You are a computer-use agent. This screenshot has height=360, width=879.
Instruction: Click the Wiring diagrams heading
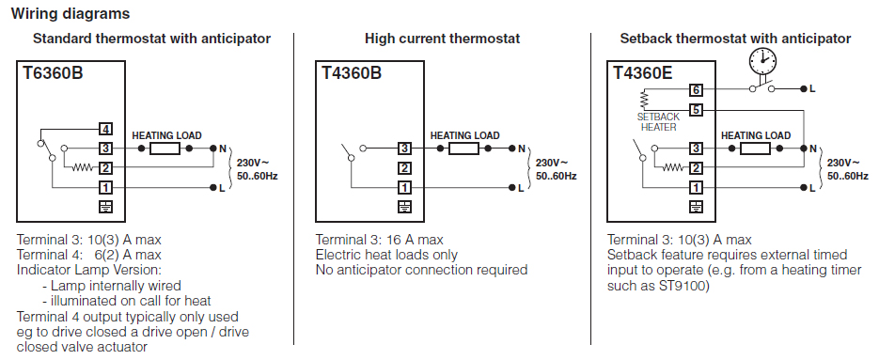point(71,13)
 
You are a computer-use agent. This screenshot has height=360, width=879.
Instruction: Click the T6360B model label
point(53,73)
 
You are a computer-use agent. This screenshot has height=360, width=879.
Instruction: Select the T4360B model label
point(352,73)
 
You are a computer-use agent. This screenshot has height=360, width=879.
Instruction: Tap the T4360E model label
point(642,73)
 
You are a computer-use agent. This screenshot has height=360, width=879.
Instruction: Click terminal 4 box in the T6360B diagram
point(105,130)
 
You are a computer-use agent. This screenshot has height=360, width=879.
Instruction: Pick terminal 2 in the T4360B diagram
point(404,168)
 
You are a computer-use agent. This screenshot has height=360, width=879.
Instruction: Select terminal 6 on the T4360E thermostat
point(696,89)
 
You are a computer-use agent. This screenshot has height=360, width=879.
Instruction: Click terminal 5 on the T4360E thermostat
point(696,109)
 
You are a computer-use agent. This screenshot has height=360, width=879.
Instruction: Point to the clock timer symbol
point(763,60)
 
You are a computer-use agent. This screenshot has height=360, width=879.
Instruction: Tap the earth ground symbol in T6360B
point(105,207)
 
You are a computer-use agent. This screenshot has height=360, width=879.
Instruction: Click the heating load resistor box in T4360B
point(464,149)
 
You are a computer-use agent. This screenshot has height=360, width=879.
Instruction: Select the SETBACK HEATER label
point(658,121)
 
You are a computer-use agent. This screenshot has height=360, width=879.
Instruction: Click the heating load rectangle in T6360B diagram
point(165,149)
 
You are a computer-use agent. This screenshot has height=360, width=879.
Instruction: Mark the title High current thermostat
point(442,39)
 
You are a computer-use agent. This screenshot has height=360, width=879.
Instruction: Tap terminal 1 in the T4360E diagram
point(696,188)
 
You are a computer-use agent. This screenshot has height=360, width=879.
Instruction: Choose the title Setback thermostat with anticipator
point(735,39)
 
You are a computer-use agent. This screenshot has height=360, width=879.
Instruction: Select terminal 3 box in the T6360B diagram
point(105,149)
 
